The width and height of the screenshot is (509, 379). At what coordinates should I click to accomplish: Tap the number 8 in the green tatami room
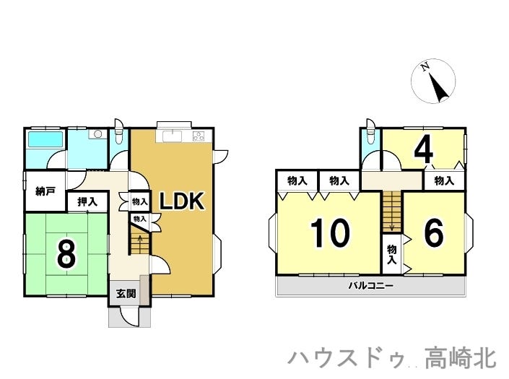(x=66, y=253)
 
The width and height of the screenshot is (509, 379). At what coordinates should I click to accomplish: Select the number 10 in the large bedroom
(x=330, y=232)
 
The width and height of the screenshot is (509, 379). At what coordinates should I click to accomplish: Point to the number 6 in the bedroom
(x=433, y=232)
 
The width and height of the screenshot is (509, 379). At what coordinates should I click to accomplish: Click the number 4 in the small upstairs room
(x=423, y=149)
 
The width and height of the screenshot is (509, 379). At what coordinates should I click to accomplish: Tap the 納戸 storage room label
(x=45, y=192)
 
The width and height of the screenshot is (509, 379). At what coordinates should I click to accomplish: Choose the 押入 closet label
(x=88, y=201)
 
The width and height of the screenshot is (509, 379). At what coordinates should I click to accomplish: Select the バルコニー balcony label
(x=370, y=286)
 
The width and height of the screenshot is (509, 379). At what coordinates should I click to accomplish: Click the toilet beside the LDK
(x=120, y=134)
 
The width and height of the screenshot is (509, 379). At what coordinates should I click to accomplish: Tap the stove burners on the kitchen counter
(x=199, y=136)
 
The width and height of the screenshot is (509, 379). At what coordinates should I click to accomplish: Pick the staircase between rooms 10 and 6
(x=391, y=211)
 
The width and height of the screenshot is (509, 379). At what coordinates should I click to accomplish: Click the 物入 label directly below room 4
(x=444, y=180)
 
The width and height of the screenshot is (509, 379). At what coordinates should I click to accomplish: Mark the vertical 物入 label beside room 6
(x=392, y=253)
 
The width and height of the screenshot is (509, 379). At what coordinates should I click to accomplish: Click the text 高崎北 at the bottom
(x=460, y=357)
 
